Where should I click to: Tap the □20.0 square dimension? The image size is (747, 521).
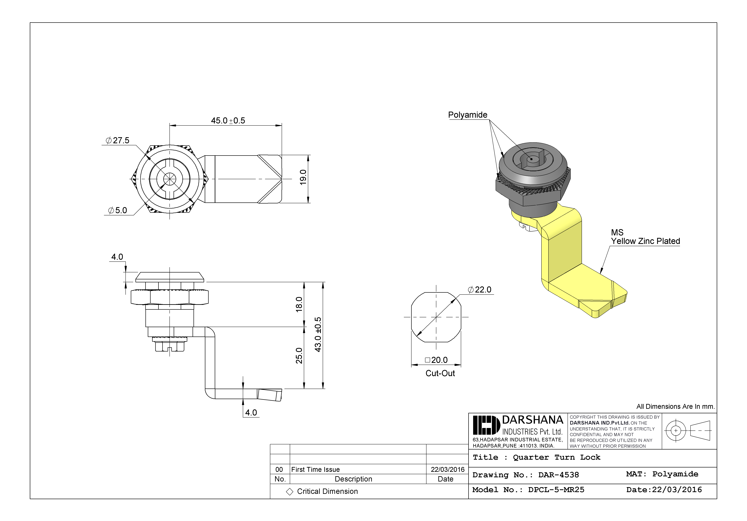[436, 360]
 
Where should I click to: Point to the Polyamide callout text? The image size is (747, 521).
[468, 115]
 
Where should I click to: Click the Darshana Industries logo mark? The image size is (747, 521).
[486, 425]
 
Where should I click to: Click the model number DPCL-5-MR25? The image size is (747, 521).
[556, 490]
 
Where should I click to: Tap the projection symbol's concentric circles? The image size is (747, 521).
[676, 430]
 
